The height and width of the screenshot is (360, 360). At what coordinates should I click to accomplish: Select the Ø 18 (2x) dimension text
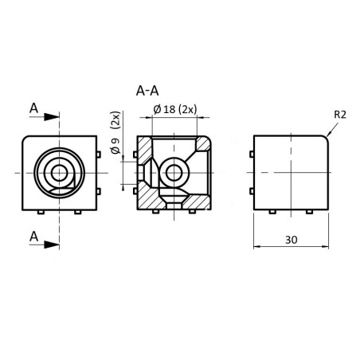(x=174, y=108)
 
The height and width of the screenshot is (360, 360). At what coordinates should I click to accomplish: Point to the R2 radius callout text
(x=339, y=114)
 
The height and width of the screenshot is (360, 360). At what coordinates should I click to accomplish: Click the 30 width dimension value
(x=292, y=238)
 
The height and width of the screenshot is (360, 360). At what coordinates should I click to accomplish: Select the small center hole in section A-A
(x=174, y=172)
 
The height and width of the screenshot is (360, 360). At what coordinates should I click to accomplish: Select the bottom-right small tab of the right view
(x=308, y=213)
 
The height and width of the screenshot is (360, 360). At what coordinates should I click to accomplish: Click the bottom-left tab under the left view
(x=41, y=213)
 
